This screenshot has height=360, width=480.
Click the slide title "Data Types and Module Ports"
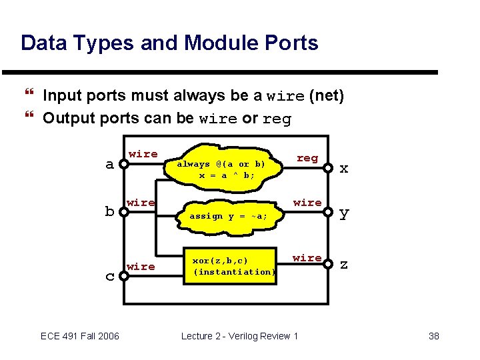click(x=169, y=43)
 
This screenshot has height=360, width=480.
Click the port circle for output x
click(x=329, y=168)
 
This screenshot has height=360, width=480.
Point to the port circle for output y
click(x=329, y=213)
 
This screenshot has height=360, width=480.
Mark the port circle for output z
click(x=329, y=264)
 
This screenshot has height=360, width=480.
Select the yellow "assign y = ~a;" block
click(x=228, y=215)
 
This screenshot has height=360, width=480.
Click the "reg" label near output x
click(x=307, y=158)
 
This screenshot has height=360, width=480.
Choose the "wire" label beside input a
click(x=143, y=154)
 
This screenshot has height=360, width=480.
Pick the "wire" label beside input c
click(x=141, y=267)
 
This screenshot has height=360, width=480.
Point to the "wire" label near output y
click(x=307, y=202)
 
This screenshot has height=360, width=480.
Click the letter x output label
click(x=344, y=168)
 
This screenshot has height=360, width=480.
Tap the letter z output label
click(x=344, y=264)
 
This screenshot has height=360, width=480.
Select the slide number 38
click(x=433, y=335)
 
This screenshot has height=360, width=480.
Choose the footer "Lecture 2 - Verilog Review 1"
click(x=240, y=335)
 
